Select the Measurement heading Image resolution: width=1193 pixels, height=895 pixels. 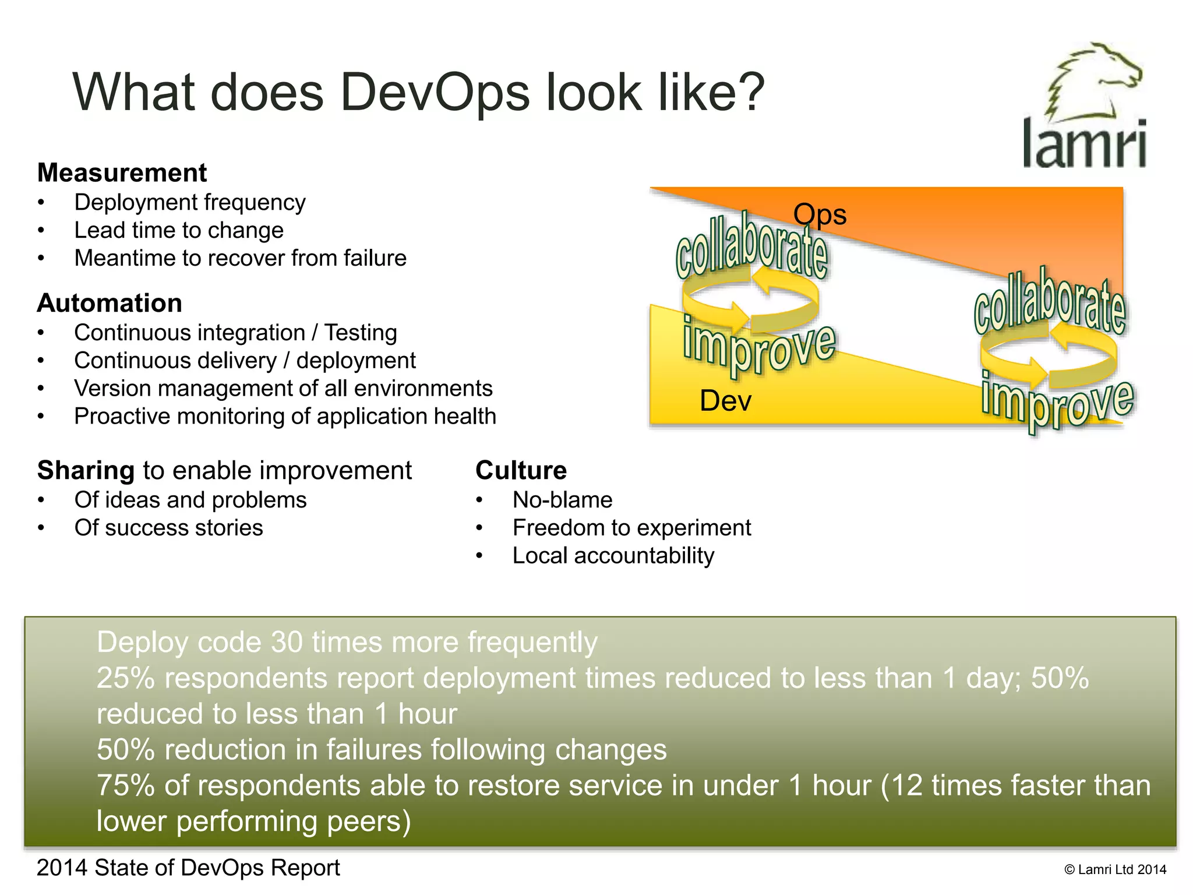(x=122, y=173)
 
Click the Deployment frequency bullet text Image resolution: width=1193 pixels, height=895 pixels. (x=190, y=203)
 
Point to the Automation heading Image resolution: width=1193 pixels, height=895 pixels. (x=110, y=304)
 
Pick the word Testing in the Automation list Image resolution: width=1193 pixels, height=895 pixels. (x=361, y=333)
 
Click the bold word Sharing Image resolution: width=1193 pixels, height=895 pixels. (x=86, y=471)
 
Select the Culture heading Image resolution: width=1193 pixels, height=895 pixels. (x=521, y=471)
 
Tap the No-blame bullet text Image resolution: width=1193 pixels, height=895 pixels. (x=562, y=500)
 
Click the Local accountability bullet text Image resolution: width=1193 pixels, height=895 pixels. (x=613, y=556)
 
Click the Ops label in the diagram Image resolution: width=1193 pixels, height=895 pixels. (x=820, y=214)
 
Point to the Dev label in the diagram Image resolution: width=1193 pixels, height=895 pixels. (x=725, y=401)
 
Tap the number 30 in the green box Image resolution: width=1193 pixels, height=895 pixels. (x=287, y=642)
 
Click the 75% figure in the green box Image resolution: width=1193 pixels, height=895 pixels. (x=125, y=785)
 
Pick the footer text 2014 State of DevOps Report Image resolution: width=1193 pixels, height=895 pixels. (x=188, y=868)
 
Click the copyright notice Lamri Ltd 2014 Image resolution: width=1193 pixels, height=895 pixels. (x=1115, y=870)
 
